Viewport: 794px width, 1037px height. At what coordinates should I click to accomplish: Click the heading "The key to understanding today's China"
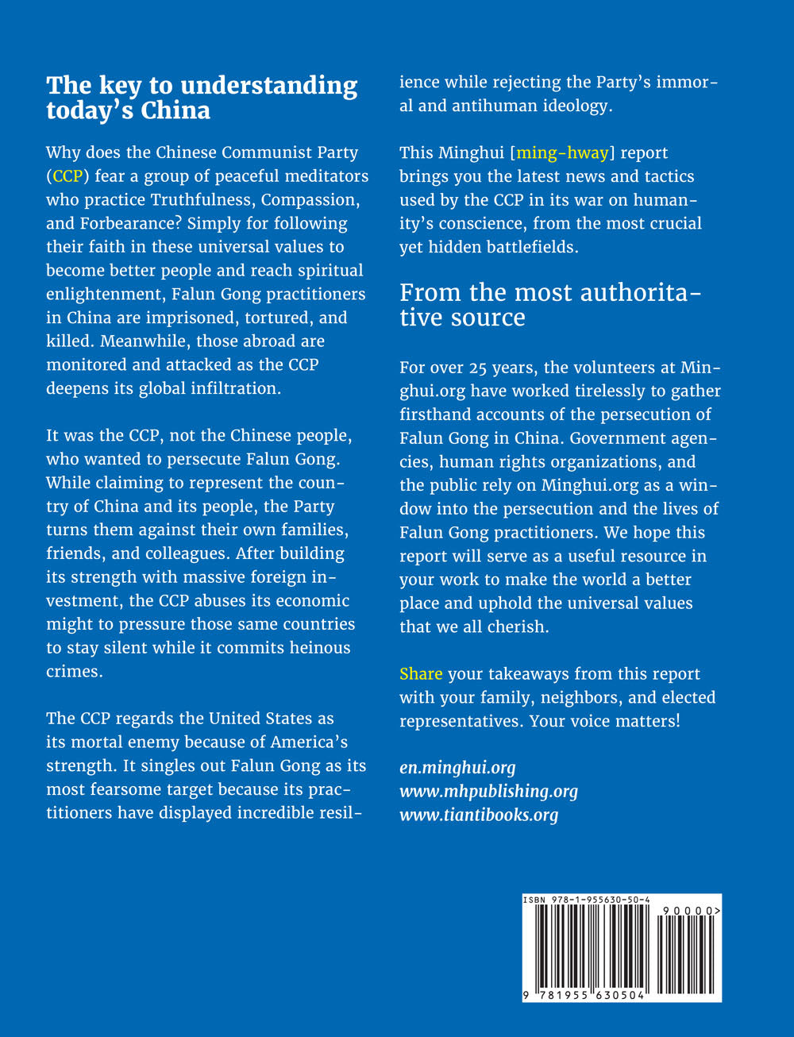(x=202, y=97)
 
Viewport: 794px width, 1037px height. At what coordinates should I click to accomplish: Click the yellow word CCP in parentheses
(x=67, y=176)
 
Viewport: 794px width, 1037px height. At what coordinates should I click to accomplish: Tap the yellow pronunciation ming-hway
(x=562, y=152)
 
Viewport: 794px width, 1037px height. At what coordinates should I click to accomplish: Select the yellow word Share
(x=421, y=674)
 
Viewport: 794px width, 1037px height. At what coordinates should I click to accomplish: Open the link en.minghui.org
(x=457, y=768)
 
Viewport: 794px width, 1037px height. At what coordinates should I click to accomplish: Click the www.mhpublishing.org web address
(x=488, y=792)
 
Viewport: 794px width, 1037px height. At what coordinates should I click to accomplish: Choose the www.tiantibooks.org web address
(x=479, y=815)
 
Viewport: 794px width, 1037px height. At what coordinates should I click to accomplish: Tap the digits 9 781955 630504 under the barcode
(x=584, y=996)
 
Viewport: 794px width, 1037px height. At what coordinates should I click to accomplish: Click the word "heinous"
(x=318, y=648)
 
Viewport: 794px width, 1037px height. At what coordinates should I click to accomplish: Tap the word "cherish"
(x=518, y=627)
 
